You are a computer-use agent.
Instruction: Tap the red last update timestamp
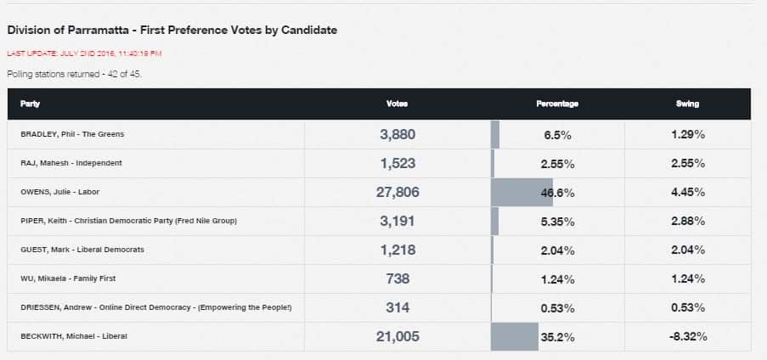(84, 53)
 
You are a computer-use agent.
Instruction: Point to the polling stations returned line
(74, 74)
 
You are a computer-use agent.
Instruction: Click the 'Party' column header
(30, 104)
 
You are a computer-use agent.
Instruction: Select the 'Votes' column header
(397, 104)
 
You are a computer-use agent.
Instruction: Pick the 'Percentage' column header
(557, 104)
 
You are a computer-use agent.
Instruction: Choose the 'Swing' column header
(687, 104)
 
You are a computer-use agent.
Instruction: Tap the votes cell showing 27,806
(397, 192)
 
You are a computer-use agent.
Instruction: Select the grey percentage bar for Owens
(522, 192)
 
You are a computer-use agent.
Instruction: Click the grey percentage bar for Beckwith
(515, 336)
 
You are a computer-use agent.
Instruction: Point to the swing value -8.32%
(687, 337)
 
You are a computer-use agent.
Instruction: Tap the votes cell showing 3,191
(397, 221)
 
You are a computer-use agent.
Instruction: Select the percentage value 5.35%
(557, 222)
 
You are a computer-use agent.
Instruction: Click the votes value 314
(397, 307)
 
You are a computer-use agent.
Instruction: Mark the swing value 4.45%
(687, 193)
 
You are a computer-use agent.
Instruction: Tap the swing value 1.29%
(687, 135)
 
